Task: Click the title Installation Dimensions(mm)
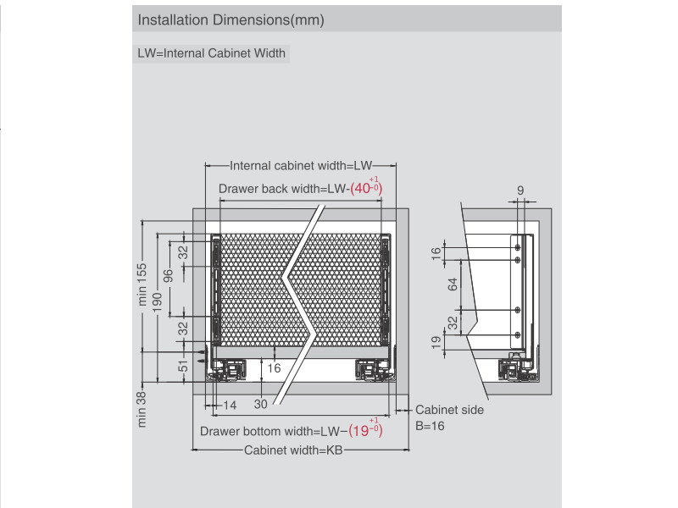[x=231, y=19]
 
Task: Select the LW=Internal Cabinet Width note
[x=212, y=53]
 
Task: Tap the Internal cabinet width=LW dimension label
[x=301, y=166]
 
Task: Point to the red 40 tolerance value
[x=361, y=189]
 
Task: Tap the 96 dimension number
[x=169, y=276]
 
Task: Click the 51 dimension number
[x=182, y=367]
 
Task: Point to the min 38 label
[x=142, y=409]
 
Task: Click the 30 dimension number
[x=260, y=405]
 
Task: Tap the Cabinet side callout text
[x=449, y=410]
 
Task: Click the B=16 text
[x=430, y=426]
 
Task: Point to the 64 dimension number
[x=453, y=283]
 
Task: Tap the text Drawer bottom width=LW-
[x=273, y=431]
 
